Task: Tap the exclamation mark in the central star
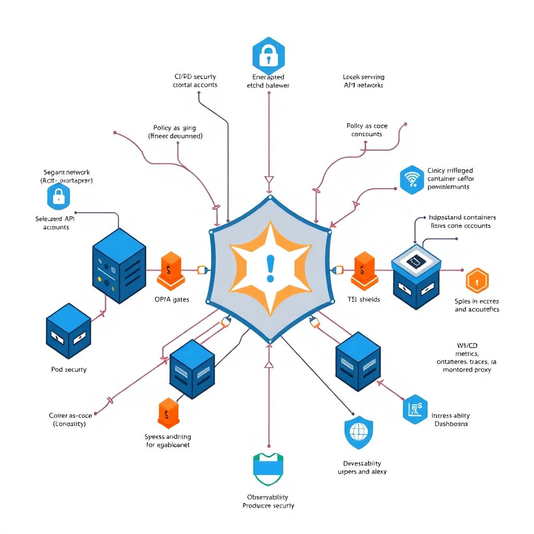coord(270,268)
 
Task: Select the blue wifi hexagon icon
coord(412,180)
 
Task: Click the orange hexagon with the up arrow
coord(477,282)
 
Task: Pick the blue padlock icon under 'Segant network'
coord(58,196)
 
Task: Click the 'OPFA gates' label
coord(172,300)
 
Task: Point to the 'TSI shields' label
coord(363,299)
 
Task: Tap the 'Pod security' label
coord(69,369)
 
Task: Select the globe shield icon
coord(359,432)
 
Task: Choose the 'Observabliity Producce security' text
coord(268,502)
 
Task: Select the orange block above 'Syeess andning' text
coord(168,413)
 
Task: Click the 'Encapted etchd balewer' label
coord(268,81)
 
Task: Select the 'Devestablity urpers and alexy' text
coord(362,467)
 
